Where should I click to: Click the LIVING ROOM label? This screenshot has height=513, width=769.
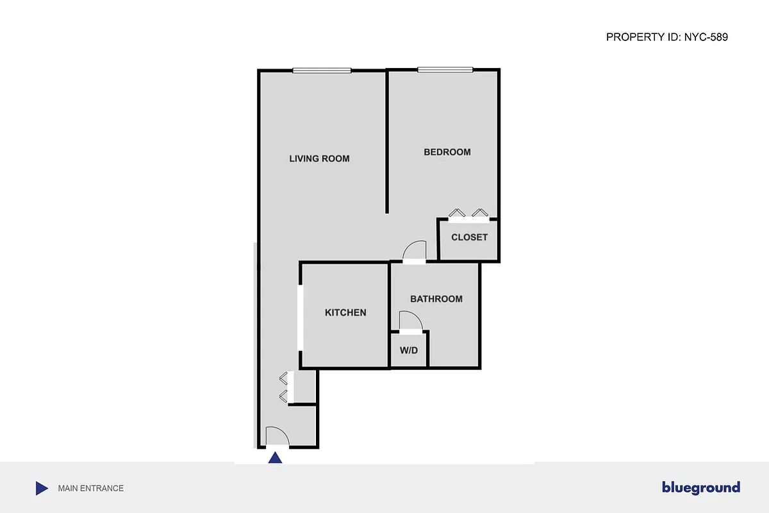click(319, 158)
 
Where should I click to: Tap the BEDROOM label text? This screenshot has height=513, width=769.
click(447, 152)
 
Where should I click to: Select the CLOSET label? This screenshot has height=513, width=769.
click(469, 237)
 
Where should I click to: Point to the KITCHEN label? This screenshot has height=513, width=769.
click(345, 313)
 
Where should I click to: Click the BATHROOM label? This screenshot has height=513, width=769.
click(436, 299)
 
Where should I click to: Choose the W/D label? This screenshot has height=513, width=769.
click(409, 351)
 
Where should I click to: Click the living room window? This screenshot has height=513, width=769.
click(322, 71)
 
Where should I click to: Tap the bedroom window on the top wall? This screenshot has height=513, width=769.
click(445, 69)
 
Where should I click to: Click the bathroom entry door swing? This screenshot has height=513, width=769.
click(415, 251)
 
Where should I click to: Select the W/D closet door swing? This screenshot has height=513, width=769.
click(410, 321)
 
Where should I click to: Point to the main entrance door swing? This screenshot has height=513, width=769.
click(277, 437)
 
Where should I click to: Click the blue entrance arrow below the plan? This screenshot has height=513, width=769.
click(275, 458)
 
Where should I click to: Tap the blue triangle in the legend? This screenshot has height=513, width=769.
click(42, 489)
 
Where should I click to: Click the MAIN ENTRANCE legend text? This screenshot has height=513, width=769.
click(91, 489)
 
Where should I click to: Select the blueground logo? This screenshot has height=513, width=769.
click(701, 488)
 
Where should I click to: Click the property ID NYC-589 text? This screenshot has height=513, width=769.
click(666, 37)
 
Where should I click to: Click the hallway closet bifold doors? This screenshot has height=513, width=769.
click(285, 387)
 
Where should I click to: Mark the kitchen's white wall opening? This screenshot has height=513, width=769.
click(300, 317)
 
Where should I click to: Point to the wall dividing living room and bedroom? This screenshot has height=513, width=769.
click(387, 141)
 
